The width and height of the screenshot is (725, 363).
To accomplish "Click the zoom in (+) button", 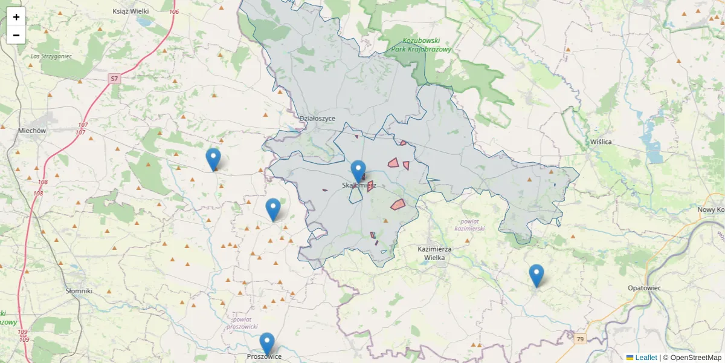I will point(16,17).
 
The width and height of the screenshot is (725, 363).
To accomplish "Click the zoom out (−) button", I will point(16,35).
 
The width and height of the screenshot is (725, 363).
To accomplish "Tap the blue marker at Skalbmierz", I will point(359,171).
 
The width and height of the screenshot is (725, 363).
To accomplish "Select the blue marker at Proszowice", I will point(267,344).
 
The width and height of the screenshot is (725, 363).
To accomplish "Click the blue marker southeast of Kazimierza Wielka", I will point(536,275).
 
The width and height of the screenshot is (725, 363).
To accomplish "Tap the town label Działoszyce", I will point(317,119).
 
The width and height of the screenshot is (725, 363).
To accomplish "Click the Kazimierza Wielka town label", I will point(439,253).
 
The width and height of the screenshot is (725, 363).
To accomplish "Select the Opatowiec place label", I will point(644,288).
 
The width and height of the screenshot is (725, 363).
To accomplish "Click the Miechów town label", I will point(32,130).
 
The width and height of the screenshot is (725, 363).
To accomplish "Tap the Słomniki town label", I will point(79,291).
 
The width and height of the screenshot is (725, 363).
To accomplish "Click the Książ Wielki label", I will point(130,11).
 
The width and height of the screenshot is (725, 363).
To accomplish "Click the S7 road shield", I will point(115,78).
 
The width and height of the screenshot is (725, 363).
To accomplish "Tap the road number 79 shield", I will point(580,339).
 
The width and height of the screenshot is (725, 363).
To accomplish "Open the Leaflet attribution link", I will point(645,358).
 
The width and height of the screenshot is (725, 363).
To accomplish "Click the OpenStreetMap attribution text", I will point(693,358).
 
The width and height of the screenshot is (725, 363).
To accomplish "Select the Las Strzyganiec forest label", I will point(51,56).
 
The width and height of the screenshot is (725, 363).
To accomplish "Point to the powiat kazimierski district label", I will point(469,225).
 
